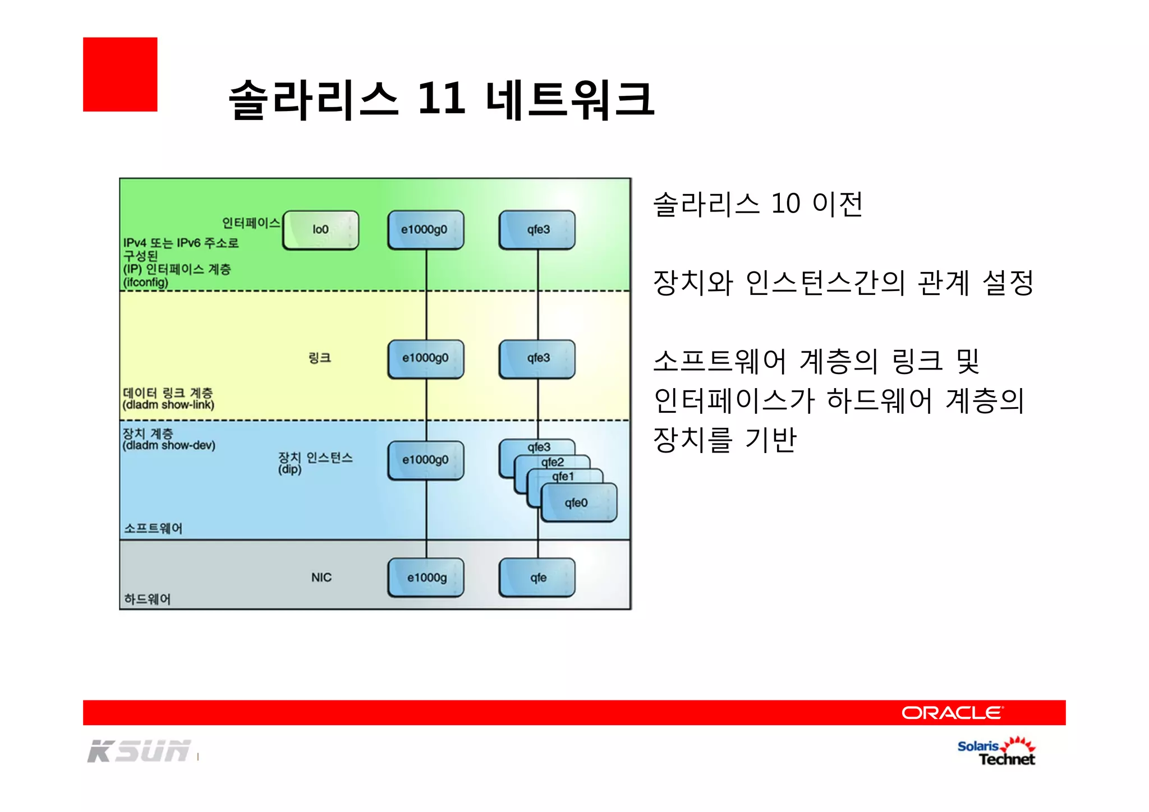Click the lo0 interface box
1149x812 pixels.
click(x=320, y=230)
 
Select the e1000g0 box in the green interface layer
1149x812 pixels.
click(x=425, y=230)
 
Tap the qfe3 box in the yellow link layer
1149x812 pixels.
click(x=537, y=359)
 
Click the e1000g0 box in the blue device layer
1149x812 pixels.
click(x=425, y=460)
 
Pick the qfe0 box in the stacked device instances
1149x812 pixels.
click(x=578, y=503)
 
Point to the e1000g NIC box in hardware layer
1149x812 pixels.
click(x=426, y=578)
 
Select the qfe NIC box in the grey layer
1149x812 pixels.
click(x=537, y=578)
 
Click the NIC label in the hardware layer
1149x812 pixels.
click(x=321, y=578)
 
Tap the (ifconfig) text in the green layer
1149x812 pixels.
click(x=146, y=283)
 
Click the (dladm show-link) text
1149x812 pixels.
click(x=168, y=405)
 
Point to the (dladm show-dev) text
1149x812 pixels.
click(x=169, y=446)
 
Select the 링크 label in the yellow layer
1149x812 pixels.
click(x=320, y=358)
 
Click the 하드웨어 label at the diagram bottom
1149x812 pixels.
click(x=147, y=599)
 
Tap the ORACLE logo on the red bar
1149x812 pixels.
click(x=952, y=713)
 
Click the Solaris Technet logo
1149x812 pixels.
click(x=996, y=752)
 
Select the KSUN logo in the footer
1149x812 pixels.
click(x=139, y=751)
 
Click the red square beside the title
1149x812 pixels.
click(x=120, y=75)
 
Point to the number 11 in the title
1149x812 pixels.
click(x=442, y=99)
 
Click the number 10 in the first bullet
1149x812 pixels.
click(x=785, y=204)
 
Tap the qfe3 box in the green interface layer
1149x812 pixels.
click(x=537, y=230)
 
